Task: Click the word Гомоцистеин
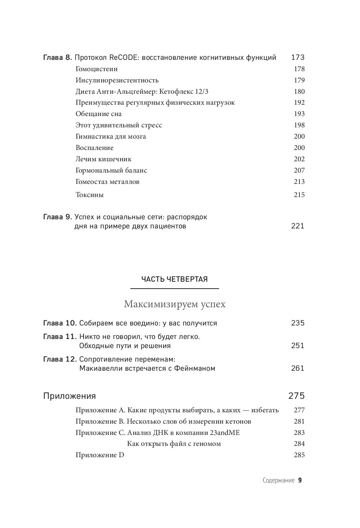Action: [x=96, y=69]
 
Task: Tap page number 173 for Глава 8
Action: [x=298, y=57]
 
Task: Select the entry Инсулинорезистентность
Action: [x=117, y=80]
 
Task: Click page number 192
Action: [x=299, y=103]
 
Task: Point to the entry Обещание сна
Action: [x=99, y=114]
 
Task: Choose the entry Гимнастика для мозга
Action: [x=111, y=136]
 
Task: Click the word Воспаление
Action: [x=95, y=148]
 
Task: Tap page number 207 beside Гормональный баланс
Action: [x=299, y=170]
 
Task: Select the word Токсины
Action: [x=89, y=195]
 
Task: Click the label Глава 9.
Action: [x=58, y=217]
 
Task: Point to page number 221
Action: [x=298, y=226]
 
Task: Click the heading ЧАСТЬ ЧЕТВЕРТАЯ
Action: [x=175, y=280]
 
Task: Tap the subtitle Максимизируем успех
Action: [x=175, y=304]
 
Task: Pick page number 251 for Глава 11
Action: [x=298, y=346]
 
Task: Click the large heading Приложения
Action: [x=69, y=396]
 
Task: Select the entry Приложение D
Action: [x=100, y=455]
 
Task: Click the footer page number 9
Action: [x=300, y=481]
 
